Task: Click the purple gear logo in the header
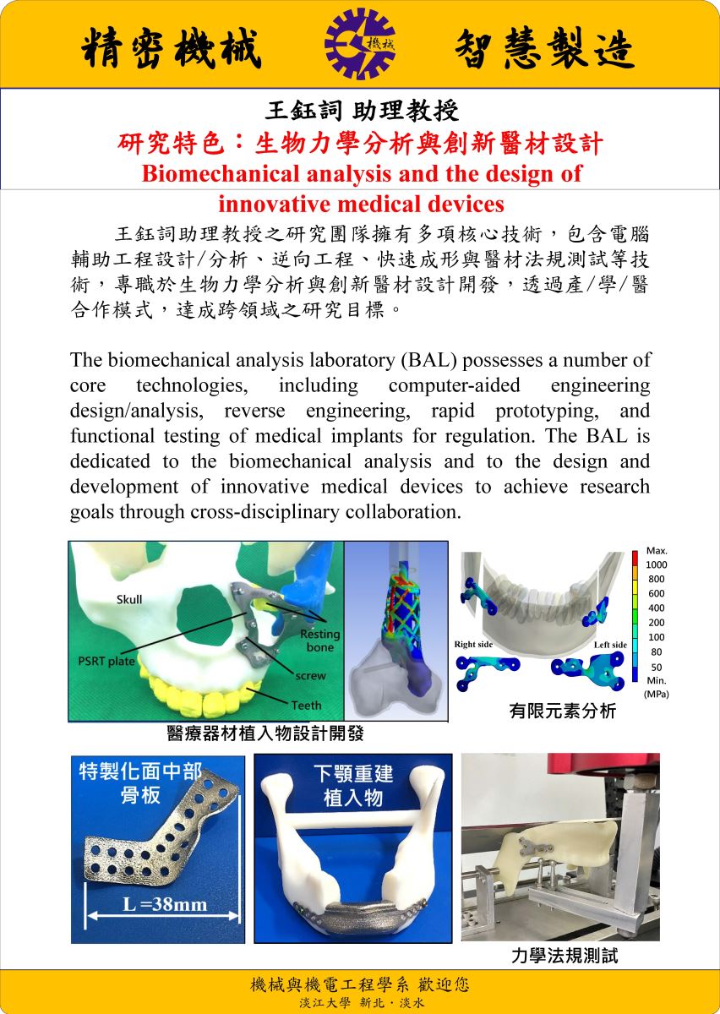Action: click(359, 44)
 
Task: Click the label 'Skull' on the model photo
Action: click(129, 599)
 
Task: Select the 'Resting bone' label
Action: click(320, 641)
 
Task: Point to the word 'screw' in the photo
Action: click(310, 676)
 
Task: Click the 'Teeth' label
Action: click(306, 705)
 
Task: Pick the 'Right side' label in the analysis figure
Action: click(473, 645)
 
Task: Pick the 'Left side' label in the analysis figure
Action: click(609, 645)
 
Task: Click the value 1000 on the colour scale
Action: click(656, 564)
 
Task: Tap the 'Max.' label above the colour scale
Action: click(656, 550)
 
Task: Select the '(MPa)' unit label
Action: click(656, 694)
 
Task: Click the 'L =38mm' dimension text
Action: click(165, 905)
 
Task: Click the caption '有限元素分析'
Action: click(562, 711)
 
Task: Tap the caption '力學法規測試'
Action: click(565, 956)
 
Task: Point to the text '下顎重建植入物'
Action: click(353, 785)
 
